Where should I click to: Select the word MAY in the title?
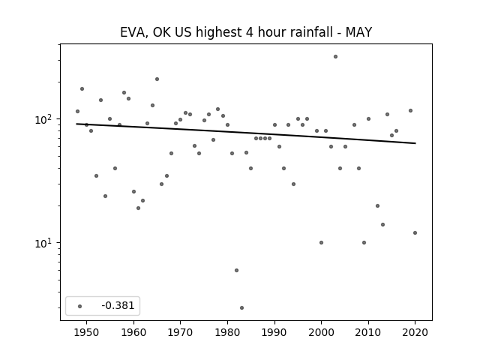pos(358,32)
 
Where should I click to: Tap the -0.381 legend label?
pos(118,305)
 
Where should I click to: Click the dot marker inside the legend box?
pos(80,306)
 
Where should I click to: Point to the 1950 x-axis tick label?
pos(87,332)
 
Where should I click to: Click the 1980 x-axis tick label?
pos(227,332)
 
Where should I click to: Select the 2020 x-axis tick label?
pos(415,332)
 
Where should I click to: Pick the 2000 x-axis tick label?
pos(322,332)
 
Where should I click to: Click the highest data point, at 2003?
pos(335,57)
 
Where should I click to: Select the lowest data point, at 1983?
pos(241,308)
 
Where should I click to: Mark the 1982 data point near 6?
pos(237,270)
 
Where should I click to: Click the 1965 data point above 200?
pos(157,79)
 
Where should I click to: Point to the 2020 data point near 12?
pos(415,233)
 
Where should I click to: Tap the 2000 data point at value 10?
pos(322,243)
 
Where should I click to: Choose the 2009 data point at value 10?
pos(364,243)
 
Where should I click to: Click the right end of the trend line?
pos(415,143)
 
